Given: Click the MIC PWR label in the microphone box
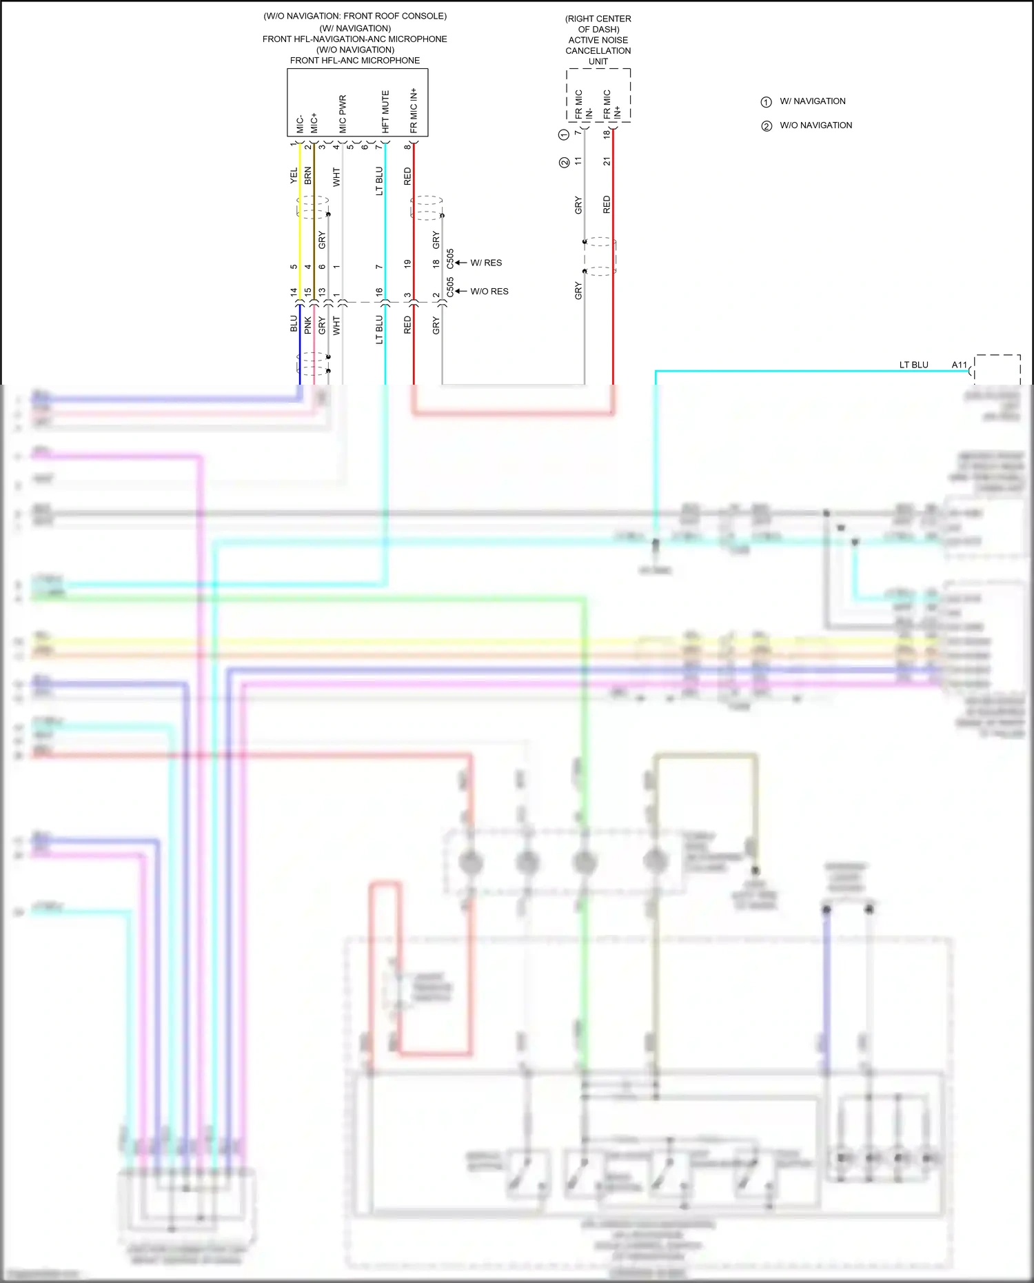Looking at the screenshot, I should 343,114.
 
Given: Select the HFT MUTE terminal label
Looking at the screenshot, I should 385,112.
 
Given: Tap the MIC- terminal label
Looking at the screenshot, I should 300,124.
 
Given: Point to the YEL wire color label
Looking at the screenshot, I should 294,175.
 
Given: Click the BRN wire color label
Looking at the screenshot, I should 308,175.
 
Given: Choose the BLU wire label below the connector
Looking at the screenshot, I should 294,324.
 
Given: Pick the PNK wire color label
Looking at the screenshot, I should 308,325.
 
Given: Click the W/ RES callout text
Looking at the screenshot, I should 486,263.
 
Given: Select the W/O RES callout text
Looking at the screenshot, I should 489,292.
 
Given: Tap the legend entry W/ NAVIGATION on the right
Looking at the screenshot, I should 812,101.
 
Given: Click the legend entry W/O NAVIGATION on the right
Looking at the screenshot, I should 815,125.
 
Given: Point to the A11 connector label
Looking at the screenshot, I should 960,365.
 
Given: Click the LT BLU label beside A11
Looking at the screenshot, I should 913,365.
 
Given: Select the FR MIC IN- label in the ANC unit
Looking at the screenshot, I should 583,105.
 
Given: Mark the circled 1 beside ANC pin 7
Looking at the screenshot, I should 564,134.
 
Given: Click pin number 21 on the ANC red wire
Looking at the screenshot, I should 607,161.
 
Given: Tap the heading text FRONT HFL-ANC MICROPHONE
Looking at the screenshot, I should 354,61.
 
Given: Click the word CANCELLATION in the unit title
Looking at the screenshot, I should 598,51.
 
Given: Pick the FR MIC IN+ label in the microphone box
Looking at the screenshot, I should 414,110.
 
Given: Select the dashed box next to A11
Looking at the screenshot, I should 997,370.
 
